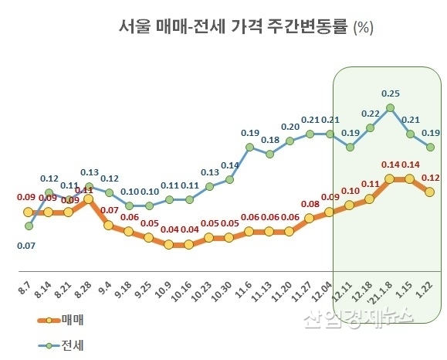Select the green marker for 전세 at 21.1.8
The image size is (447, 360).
391,107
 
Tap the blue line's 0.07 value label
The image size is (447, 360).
28,245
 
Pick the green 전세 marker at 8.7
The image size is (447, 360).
29,226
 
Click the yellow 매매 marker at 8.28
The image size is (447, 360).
89,199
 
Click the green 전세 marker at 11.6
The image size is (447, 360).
249,147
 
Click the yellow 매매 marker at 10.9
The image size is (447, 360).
168,245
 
